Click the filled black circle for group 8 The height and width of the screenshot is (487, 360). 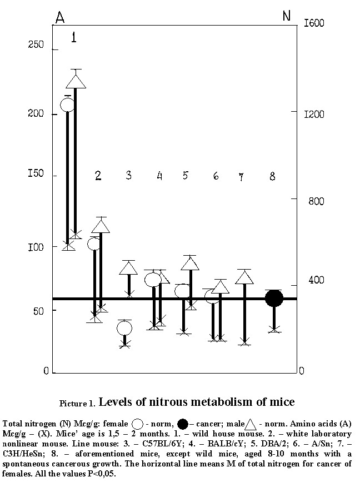(274, 298)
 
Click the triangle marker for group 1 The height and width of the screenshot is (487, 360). (76, 81)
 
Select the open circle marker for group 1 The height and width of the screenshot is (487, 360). (67, 105)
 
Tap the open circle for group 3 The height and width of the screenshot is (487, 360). (124, 328)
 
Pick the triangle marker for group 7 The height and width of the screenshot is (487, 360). (244, 277)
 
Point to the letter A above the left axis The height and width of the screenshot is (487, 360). (59, 18)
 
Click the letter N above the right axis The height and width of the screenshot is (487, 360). (287, 16)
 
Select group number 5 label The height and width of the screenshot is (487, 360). (186, 176)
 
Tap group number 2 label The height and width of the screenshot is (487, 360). (98, 176)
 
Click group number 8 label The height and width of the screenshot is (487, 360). (272, 176)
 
